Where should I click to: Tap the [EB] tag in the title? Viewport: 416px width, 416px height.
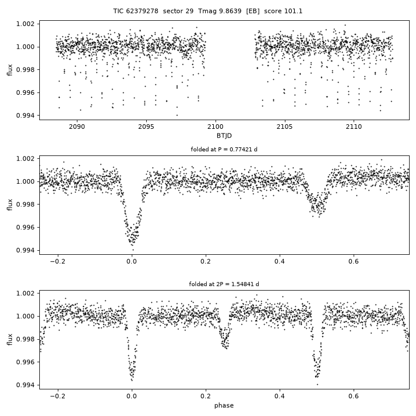click(252, 11)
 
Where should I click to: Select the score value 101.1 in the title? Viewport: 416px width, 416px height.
click(293, 11)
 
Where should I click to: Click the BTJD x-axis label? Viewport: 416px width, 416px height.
click(224, 136)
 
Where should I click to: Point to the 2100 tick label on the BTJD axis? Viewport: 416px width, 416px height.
click(216, 127)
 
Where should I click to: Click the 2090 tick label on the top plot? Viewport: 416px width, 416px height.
click(77, 127)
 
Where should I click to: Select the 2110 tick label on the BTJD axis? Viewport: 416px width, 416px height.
click(354, 127)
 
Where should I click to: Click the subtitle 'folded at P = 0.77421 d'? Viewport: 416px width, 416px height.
click(224, 150)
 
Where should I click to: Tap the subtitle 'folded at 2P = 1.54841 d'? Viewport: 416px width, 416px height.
click(224, 284)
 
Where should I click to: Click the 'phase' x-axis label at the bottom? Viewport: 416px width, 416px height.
click(224, 406)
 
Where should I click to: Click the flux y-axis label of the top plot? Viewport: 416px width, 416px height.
click(10, 70)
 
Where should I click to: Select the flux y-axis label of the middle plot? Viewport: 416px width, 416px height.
click(10, 205)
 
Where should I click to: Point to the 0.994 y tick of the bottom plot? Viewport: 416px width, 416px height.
click(25, 385)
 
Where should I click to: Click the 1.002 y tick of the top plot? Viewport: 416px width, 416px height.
click(25, 24)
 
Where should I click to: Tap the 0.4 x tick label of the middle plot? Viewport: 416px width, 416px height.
click(280, 261)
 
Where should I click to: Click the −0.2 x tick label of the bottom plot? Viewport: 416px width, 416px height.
click(58, 396)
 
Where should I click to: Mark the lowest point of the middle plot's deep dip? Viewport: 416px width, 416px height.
click(133, 250)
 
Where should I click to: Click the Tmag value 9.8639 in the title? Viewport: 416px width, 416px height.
click(232, 11)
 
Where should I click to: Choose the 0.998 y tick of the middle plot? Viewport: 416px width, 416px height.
click(25, 205)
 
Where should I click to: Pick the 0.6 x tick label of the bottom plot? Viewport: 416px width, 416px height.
click(354, 396)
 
